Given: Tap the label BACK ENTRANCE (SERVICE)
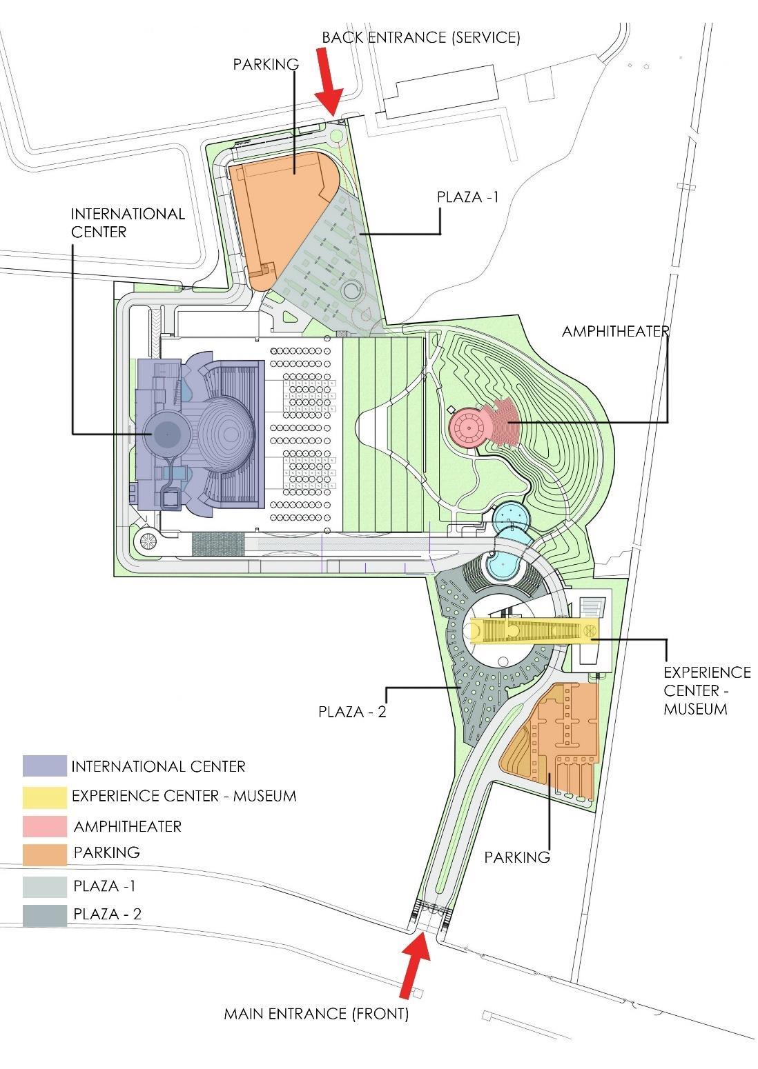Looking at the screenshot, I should click(x=421, y=37).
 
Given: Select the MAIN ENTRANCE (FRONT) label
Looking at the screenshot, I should click(x=316, y=1014).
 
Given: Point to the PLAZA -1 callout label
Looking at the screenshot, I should click(x=467, y=197).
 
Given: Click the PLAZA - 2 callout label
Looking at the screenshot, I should click(x=352, y=711).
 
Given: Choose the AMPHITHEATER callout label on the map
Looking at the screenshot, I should click(x=615, y=331).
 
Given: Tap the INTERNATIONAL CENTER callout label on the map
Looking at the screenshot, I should click(x=128, y=222).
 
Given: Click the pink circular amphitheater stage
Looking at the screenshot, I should click(x=469, y=428).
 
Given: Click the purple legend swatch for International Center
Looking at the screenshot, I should click(x=45, y=766).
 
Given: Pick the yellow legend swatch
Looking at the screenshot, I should click(x=45, y=797).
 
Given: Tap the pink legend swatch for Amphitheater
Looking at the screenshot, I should click(x=45, y=826).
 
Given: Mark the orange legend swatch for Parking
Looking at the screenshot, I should click(x=45, y=855).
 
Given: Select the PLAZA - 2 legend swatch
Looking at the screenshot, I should click(x=45, y=915).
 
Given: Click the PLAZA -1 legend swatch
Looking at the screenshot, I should click(x=45, y=886).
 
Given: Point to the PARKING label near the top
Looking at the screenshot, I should click(x=266, y=64).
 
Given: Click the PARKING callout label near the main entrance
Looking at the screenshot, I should click(x=517, y=857).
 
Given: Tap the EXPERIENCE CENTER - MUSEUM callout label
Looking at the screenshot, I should click(x=706, y=690).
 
